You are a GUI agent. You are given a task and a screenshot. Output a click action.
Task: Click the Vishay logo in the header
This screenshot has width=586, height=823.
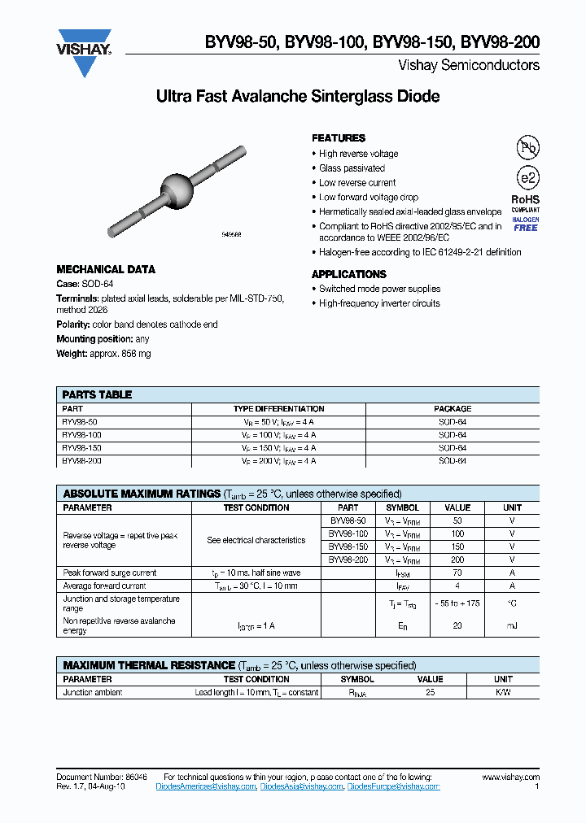coord(84,51)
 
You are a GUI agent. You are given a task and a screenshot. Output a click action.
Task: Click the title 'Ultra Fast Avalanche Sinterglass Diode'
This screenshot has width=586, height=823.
coord(297,97)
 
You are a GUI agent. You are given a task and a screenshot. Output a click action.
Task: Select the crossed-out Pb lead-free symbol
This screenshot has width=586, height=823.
coord(527,147)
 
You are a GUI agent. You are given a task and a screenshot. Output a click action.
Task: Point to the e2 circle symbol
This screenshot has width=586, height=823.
coord(527,179)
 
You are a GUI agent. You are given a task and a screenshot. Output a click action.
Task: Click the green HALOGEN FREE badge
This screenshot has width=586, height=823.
coord(526,224)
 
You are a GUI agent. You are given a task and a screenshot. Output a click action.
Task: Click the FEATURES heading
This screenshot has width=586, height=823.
coord(339,138)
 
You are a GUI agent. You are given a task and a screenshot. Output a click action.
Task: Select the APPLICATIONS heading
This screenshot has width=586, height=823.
coord(348,274)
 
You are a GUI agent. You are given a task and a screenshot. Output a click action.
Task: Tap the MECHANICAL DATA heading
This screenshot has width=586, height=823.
coord(106,269)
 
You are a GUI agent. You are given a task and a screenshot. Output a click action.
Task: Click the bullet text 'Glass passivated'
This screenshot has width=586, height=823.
coord(352,168)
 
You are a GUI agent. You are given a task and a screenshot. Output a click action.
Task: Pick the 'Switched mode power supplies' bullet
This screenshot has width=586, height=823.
coord(379,289)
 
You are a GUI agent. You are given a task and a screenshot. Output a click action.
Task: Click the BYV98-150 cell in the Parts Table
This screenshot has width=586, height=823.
coord(81,448)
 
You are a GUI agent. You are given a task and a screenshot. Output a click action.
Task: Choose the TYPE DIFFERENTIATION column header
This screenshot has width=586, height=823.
coord(278,409)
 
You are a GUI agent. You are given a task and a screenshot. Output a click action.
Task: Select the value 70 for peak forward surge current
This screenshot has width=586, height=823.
coord(457,573)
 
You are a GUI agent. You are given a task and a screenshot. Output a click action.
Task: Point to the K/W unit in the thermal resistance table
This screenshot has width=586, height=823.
coord(503,693)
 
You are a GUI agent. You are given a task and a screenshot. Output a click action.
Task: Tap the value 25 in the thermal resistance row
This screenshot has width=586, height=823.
coord(430,693)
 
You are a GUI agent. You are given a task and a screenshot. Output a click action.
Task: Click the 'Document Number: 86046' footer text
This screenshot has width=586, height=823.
coord(102,777)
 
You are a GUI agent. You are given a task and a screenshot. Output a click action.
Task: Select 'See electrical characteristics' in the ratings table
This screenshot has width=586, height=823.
coord(256,540)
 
